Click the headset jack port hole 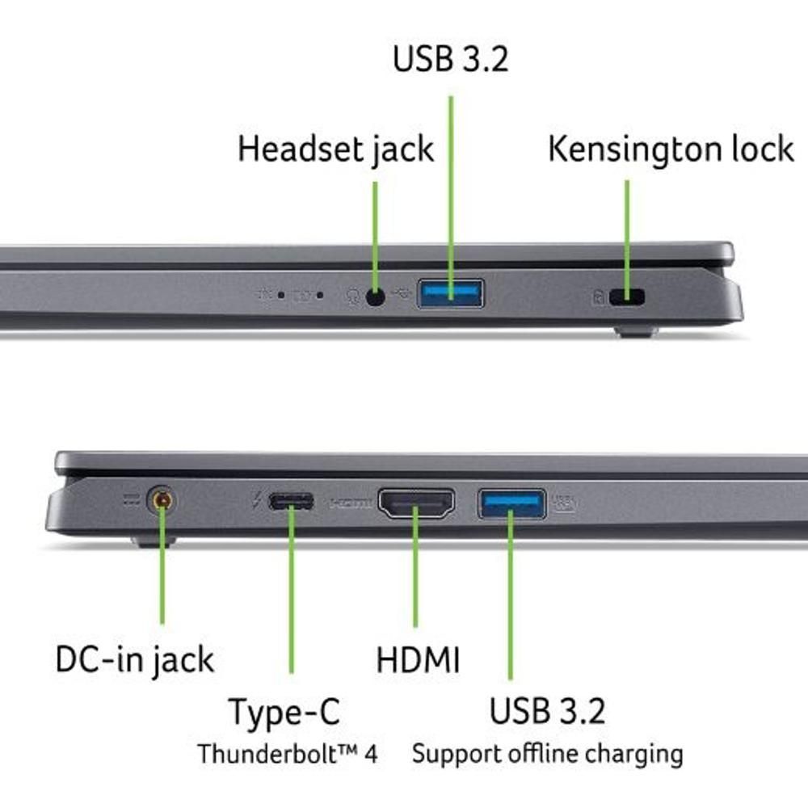coord(375,297)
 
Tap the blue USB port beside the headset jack coord(450,293)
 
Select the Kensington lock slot coord(628,297)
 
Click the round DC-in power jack coord(162,501)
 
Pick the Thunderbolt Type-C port coord(291,502)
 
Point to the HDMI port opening coord(416,503)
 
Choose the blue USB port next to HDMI coord(511,503)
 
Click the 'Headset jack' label coord(335,149)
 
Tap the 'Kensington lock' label coord(671,149)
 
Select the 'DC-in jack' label coord(135,659)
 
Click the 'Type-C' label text coord(284,712)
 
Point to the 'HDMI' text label coord(418,660)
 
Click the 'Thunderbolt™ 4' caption coord(288,754)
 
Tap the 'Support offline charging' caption coord(547,754)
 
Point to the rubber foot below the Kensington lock coord(635,330)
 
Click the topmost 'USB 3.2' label coord(451,59)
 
